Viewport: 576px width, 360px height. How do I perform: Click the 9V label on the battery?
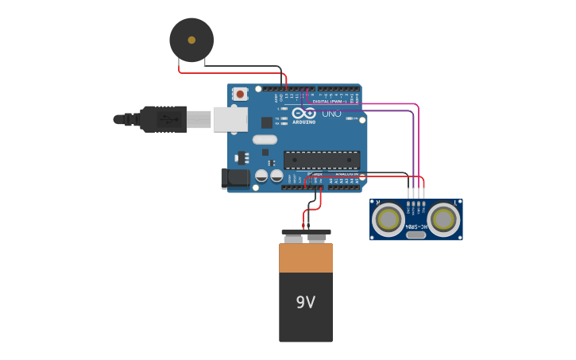[x=306, y=302]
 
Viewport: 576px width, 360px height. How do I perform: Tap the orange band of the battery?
[x=306, y=258]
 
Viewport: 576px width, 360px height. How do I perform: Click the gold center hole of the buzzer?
[x=191, y=40]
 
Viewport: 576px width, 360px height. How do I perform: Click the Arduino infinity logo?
[x=303, y=114]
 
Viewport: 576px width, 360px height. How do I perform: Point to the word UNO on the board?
[x=331, y=114]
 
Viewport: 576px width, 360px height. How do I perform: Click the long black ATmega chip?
[x=322, y=160]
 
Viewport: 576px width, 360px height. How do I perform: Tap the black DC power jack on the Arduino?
[x=235, y=179]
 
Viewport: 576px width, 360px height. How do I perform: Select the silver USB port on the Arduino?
[x=230, y=119]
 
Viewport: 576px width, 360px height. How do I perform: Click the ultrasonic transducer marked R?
[x=389, y=219]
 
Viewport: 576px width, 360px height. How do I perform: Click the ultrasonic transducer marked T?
[x=443, y=219]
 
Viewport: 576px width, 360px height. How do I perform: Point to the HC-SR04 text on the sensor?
[x=416, y=227]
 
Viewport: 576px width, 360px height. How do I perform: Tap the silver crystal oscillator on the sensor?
[x=416, y=234]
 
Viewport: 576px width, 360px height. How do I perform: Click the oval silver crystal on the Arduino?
[x=265, y=140]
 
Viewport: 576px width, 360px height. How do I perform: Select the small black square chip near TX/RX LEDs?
[x=267, y=122]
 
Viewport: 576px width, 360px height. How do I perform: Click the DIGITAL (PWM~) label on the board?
[x=328, y=102]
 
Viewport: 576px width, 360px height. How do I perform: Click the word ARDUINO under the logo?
[x=303, y=122]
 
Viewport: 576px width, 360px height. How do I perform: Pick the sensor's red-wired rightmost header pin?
[x=423, y=193]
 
